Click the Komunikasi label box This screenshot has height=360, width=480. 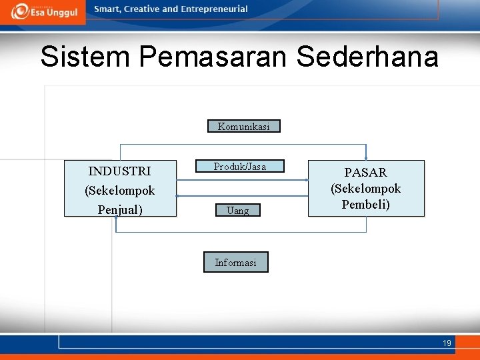point(244,126)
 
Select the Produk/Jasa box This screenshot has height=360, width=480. point(239,167)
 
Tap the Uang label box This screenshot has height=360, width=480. point(237,211)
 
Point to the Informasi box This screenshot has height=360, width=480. point(235,262)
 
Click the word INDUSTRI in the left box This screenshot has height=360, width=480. point(119,171)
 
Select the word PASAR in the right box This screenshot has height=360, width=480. point(365,173)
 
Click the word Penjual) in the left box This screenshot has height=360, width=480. point(120,209)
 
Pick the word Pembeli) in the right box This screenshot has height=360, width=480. point(365,204)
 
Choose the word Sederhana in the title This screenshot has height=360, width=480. point(367,57)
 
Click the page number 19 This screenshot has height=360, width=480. point(447,343)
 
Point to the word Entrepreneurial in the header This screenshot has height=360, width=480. point(213,9)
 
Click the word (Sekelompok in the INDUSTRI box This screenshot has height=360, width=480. point(120,191)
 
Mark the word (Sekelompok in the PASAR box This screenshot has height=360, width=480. point(365,189)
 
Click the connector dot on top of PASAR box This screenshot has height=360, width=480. point(365,159)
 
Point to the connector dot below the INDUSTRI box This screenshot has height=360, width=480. point(116,218)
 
